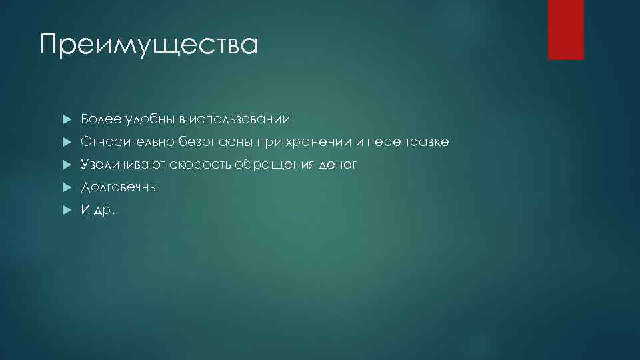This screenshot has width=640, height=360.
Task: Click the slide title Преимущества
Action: tap(148, 45)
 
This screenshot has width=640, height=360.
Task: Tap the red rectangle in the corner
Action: tap(565, 29)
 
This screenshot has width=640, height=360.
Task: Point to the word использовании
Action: tap(239, 119)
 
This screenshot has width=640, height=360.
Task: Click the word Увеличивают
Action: tap(123, 165)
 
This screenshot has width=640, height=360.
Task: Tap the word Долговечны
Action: tap(119, 187)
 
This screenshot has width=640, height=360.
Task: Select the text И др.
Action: tap(97, 210)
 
